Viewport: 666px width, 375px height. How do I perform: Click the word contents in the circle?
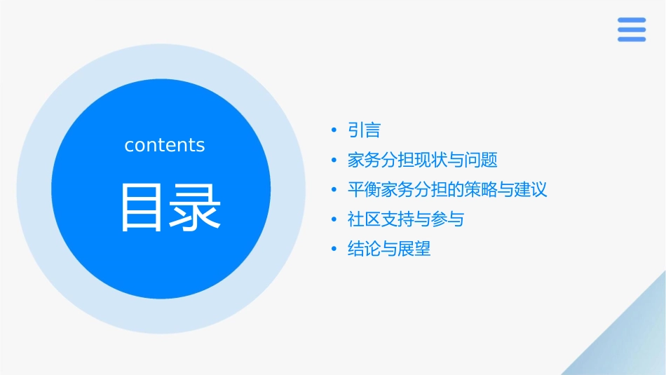(x=165, y=145)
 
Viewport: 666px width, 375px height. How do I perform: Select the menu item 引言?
(x=364, y=130)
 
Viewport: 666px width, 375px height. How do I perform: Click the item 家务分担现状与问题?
(x=422, y=160)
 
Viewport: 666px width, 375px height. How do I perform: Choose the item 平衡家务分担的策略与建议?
(x=447, y=189)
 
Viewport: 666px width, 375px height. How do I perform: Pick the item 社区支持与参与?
(x=405, y=219)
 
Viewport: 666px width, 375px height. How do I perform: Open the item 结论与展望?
(x=389, y=249)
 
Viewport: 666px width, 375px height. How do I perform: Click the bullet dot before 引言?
(x=334, y=130)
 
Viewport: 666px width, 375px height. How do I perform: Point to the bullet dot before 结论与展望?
(x=334, y=249)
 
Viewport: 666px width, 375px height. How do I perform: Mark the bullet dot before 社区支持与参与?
(x=334, y=219)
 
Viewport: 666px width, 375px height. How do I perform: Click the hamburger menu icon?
(x=631, y=29)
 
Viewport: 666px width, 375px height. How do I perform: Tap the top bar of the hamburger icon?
(x=631, y=20)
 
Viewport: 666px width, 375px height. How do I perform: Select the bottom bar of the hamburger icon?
(x=631, y=39)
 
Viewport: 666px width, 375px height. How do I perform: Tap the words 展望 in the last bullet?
(x=414, y=249)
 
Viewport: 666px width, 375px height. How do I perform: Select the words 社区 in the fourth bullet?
(x=364, y=219)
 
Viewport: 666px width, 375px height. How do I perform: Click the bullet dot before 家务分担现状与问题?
(x=334, y=160)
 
